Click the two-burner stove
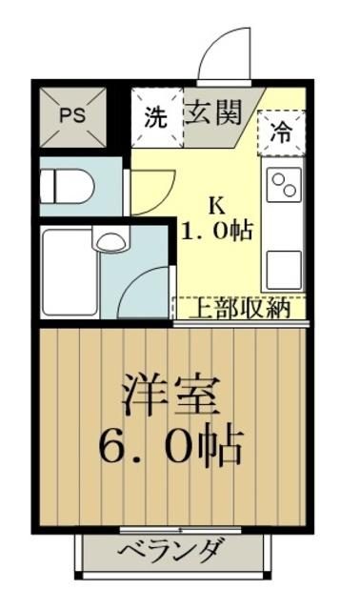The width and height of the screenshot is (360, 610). click(x=285, y=185)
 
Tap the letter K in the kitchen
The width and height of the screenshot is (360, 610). click(x=217, y=204)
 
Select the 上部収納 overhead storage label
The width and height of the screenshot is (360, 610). click(x=242, y=308)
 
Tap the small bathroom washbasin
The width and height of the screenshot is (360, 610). click(x=111, y=239)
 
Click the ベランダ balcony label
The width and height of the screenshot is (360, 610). click(x=171, y=550)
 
